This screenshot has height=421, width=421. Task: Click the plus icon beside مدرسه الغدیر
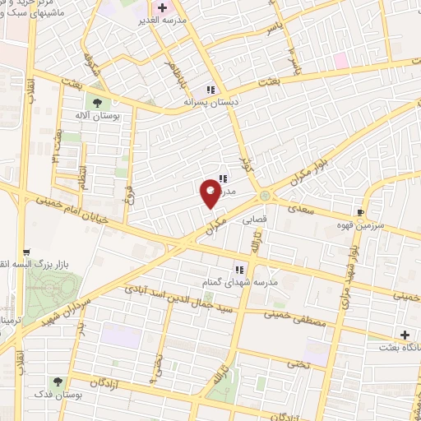tap(162, 7)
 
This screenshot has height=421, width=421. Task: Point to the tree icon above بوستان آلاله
tap(97, 103)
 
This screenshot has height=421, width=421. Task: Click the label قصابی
tap(252, 220)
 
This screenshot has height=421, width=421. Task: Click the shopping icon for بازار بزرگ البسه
tap(26, 252)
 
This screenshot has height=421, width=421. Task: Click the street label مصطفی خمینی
tap(296, 315)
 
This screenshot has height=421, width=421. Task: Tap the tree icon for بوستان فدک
tap(58, 382)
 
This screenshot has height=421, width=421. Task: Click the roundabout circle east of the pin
tap(265, 195)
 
